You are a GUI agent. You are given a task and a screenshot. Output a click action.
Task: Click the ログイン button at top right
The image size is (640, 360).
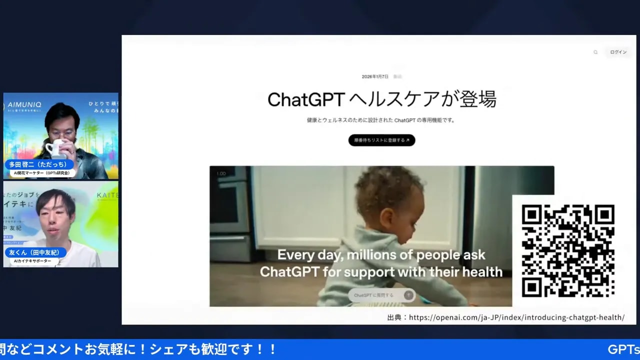[x=618, y=52]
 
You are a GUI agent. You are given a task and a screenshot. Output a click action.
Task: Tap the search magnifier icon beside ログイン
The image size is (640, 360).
[x=595, y=52]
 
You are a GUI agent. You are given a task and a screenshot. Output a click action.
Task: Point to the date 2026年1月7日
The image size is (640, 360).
[x=375, y=76]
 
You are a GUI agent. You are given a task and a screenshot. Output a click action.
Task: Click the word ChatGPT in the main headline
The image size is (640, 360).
[x=305, y=99]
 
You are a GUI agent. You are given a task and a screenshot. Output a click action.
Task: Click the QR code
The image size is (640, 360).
[x=568, y=251]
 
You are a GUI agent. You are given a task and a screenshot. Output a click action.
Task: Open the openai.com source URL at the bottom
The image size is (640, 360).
[x=516, y=317]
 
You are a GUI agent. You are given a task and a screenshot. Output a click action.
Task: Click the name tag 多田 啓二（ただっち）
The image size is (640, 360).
[x=39, y=164]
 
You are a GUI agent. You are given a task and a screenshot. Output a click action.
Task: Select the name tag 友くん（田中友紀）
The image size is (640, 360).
[x=35, y=252]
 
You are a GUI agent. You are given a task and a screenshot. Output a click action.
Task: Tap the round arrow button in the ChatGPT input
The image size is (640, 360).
[x=408, y=295]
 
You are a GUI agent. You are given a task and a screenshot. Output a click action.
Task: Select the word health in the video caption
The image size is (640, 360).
[x=482, y=272]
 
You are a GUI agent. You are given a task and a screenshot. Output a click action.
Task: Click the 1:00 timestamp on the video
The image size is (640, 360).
[x=220, y=173]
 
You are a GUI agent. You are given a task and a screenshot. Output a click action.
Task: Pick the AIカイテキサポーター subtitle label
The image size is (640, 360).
[x=32, y=261]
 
